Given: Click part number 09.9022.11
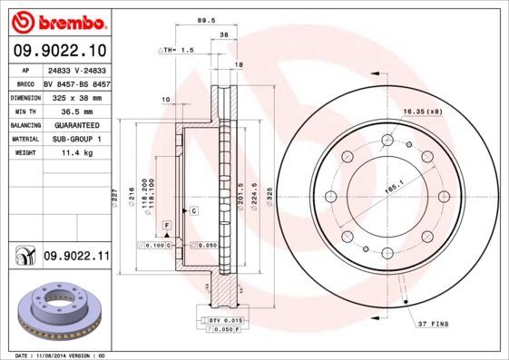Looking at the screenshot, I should [x=75, y=258].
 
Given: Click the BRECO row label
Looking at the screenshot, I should [x=25, y=83].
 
